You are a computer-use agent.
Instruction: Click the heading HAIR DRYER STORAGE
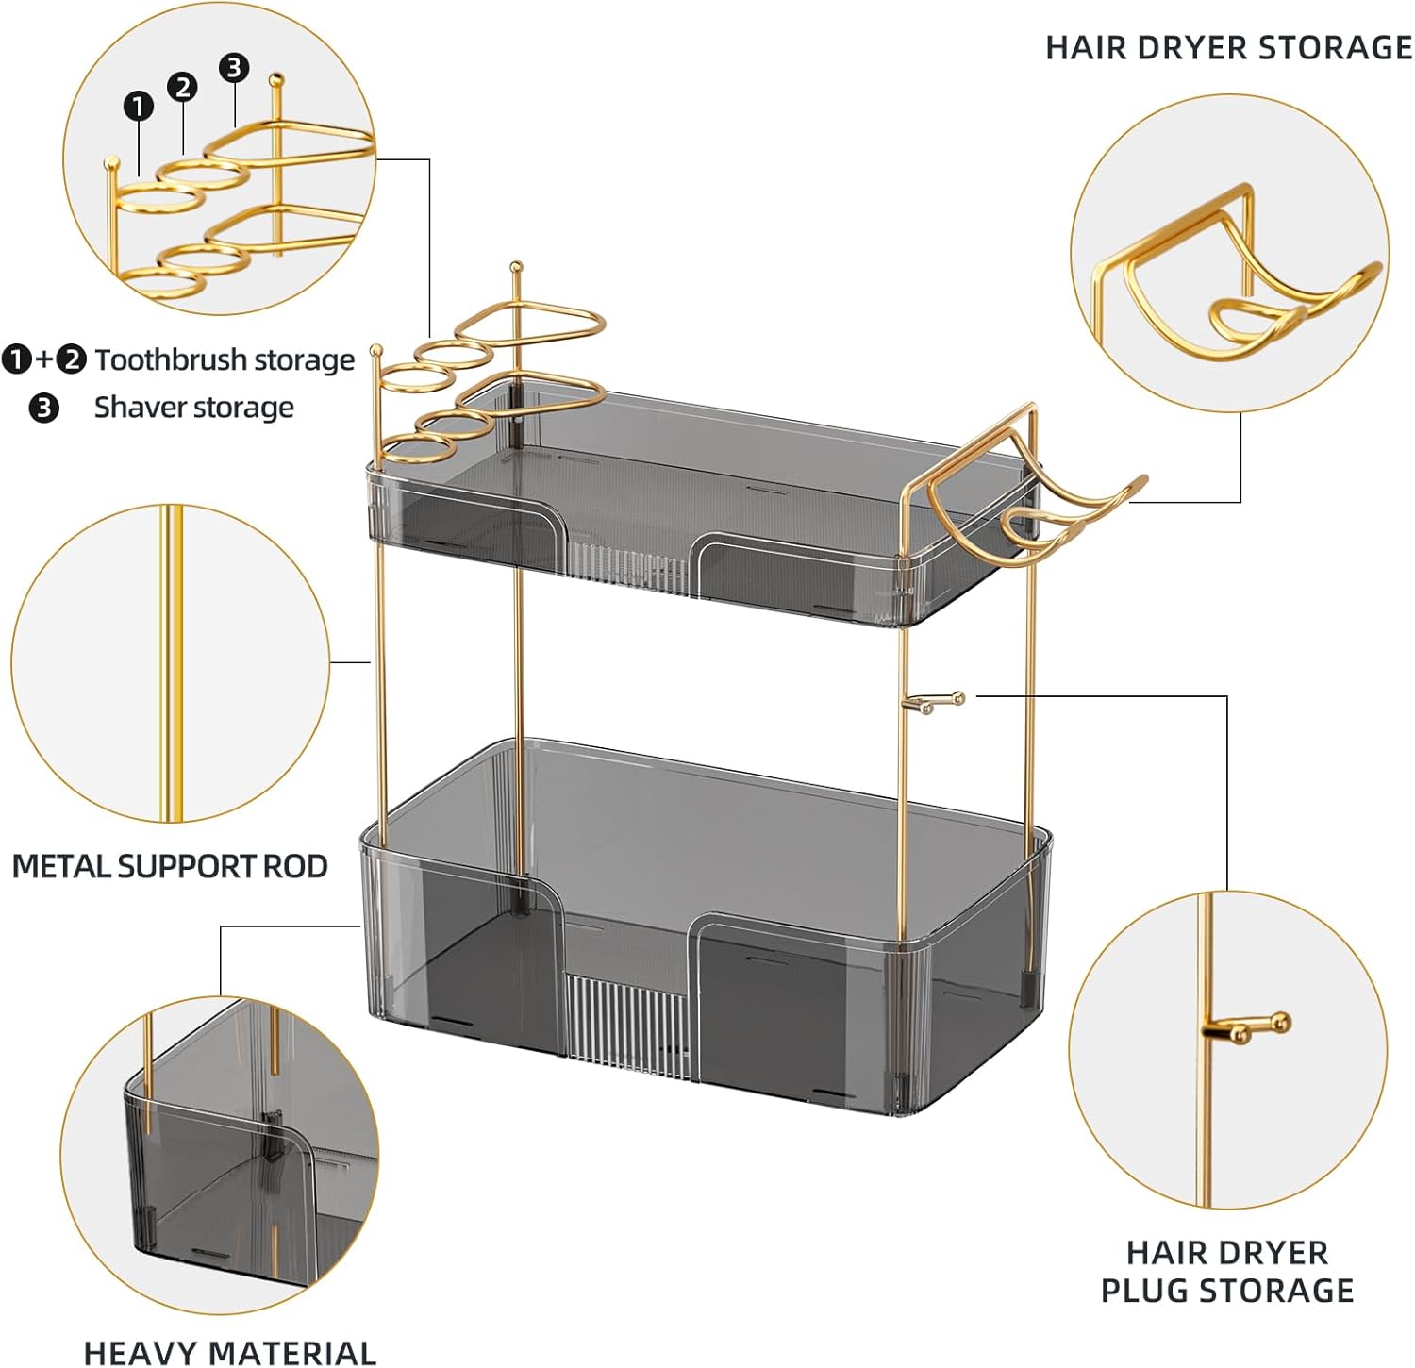pyautogui.click(x=1228, y=47)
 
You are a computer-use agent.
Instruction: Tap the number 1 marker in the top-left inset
pyautogui.click(x=139, y=106)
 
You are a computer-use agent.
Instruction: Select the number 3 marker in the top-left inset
pyautogui.click(x=234, y=67)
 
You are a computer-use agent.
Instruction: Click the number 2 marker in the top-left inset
pyautogui.click(x=182, y=88)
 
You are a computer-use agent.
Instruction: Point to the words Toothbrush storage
pyautogui.click(x=225, y=359)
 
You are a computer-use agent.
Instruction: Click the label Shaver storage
pyautogui.click(x=193, y=408)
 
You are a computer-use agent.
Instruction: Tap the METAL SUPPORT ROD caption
pyautogui.click(x=170, y=865)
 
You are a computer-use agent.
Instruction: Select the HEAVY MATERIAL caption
pyautogui.click(x=229, y=1352)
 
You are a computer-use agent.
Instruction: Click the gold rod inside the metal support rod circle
pyautogui.click(x=171, y=660)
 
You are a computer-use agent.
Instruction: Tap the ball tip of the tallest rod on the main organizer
pyautogui.click(x=516, y=268)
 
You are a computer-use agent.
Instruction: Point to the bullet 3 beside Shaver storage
pyautogui.click(x=43, y=409)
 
